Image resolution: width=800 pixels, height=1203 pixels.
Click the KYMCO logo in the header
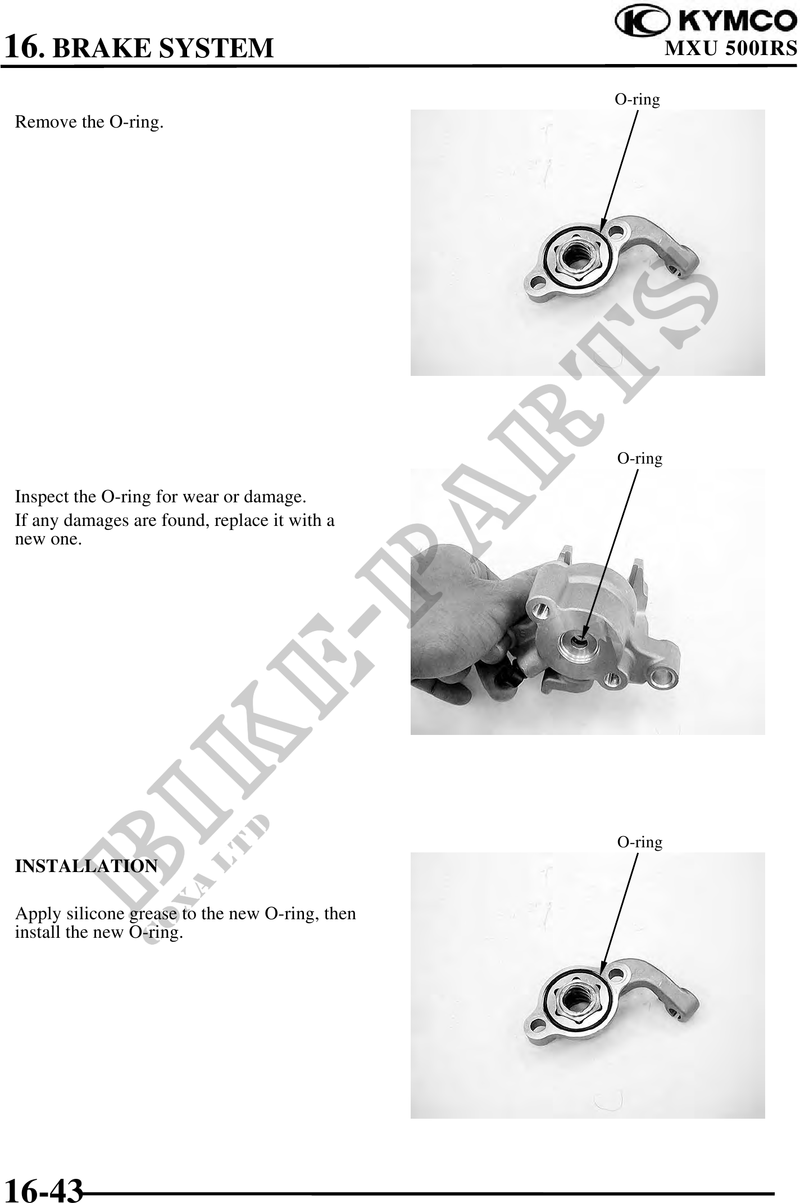tap(706, 21)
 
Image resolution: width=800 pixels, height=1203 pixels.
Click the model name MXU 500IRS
tap(731, 48)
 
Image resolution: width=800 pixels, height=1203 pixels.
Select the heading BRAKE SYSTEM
tap(163, 48)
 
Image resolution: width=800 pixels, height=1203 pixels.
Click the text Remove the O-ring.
tap(89, 122)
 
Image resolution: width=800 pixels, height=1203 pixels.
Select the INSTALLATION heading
tap(87, 866)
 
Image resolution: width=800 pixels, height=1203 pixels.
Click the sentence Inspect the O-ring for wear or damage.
tap(161, 497)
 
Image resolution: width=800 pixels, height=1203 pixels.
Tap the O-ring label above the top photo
tap(637, 99)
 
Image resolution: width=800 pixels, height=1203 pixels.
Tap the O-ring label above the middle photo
tap(640, 458)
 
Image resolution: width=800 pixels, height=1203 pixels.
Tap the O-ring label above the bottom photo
tap(640, 842)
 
